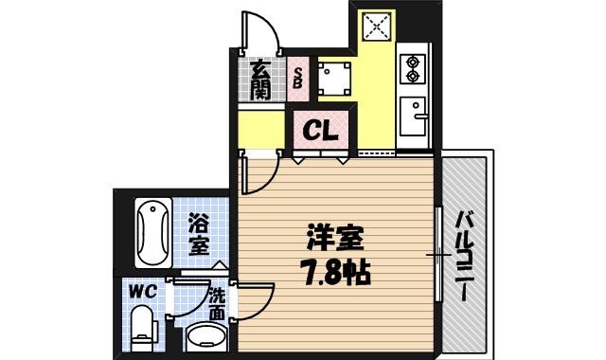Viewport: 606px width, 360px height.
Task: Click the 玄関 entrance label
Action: (x=259, y=81)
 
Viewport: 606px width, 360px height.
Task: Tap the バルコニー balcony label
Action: (x=464, y=254)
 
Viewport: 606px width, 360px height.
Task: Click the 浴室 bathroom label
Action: (x=199, y=235)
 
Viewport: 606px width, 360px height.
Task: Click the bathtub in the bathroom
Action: (x=151, y=233)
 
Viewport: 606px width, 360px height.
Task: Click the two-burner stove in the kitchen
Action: (x=414, y=68)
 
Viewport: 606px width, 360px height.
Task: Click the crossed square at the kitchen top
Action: (x=376, y=26)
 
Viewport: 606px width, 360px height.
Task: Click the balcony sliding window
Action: (x=438, y=254)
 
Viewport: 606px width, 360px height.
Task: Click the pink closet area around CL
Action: (x=319, y=130)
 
